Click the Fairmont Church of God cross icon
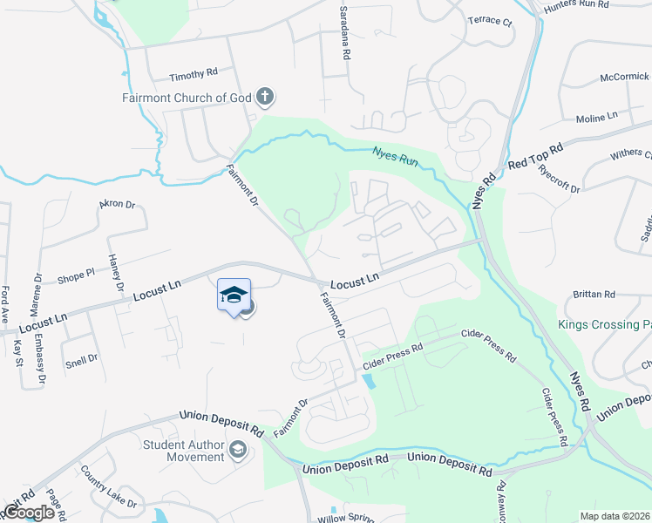click(266, 97)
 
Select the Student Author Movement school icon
click(237, 451)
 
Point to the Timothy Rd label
click(193, 75)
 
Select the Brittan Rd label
click(594, 295)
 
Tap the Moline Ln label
click(596, 118)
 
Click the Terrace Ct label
click(490, 20)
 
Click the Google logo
click(30, 513)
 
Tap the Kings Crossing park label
click(604, 325)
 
